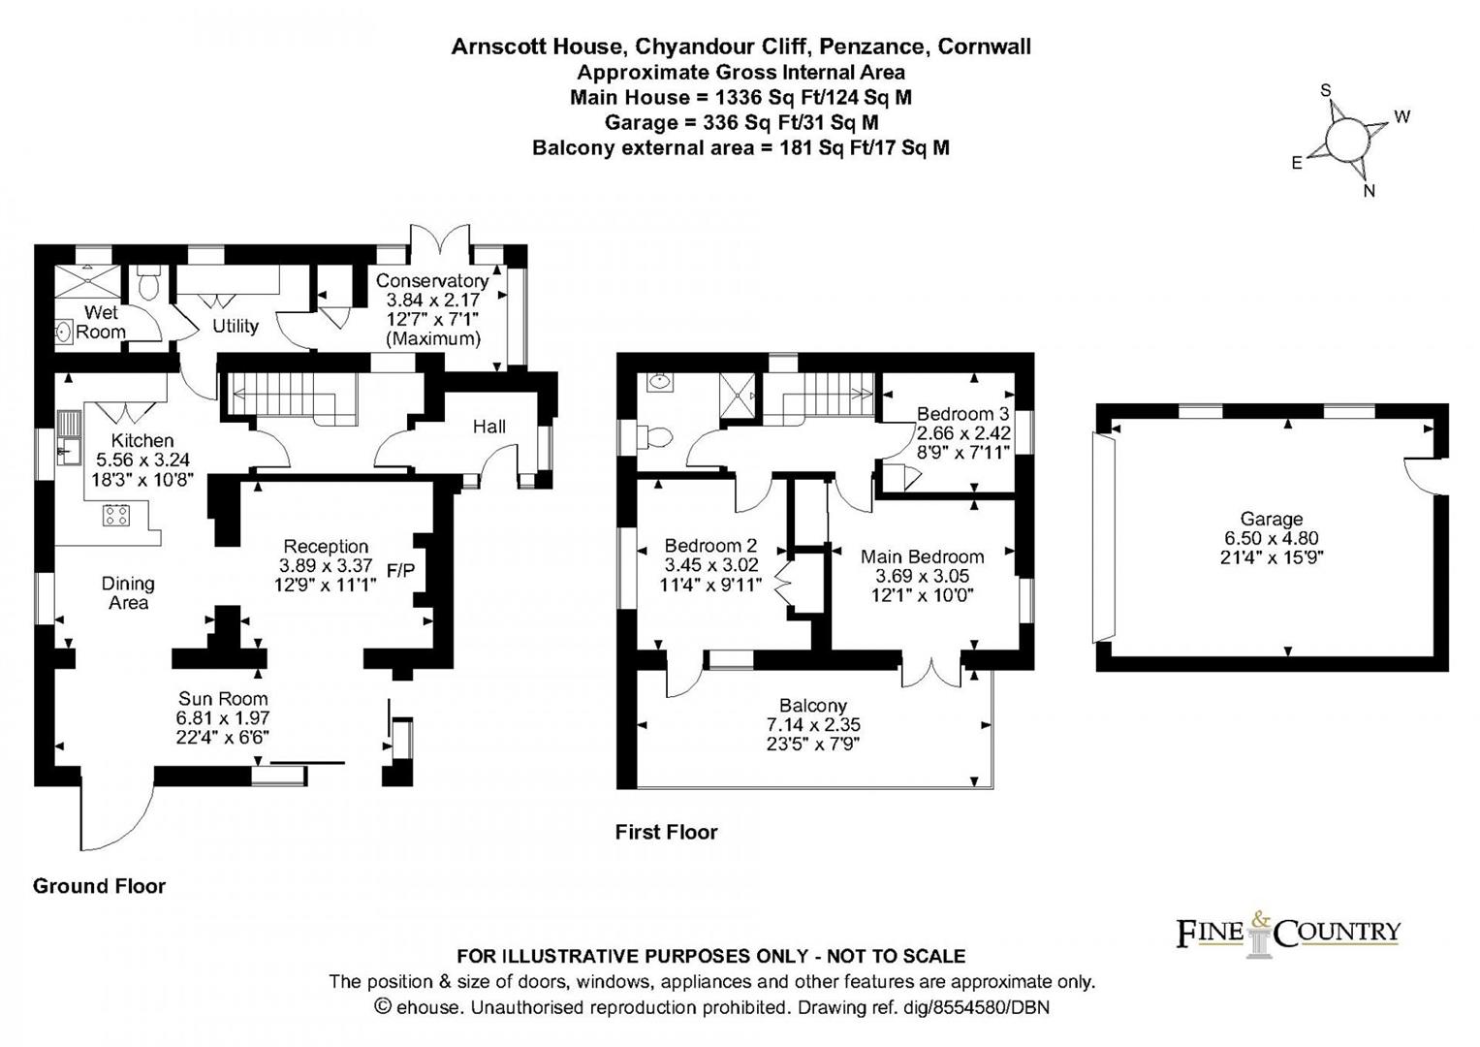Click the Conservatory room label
click(x=431, y=280)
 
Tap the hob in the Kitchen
click(x=115, y=515)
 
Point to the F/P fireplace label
click(x=400, y=570)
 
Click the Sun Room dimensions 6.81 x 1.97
click(x=223, y=717)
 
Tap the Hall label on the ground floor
click(x=488, y=427)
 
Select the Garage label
click(x=1272, y=519)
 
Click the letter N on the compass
click(x=1369, y=191)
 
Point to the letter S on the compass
click(x=1325, y=90)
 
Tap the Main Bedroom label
click(x=922, y=556)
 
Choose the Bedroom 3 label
click(x=962, y=414)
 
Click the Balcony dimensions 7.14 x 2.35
click(x=813, y=725)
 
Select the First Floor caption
click(x=666, y=832)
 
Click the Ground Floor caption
click(x=99, y=886)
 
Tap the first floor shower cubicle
click(x=737, y=396)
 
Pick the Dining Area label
click(x=128, y=593)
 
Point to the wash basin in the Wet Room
click(x=64, y=331)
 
